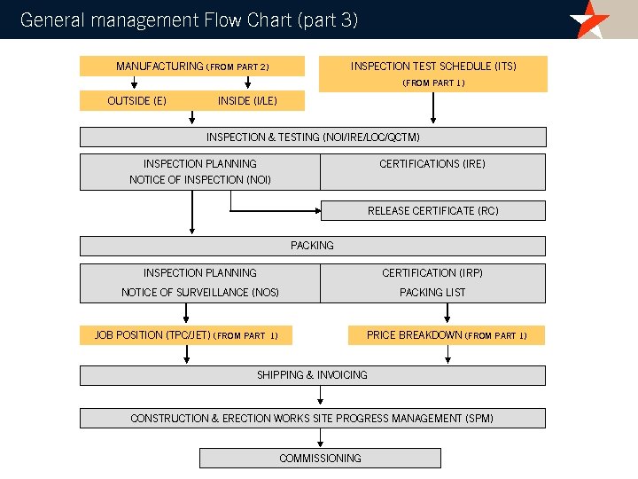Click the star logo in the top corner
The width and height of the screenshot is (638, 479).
click(x=589, y=19)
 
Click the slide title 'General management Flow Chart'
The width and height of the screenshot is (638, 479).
click(x=189, y=20)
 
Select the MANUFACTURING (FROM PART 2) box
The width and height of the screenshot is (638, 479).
click(x=192, y=67)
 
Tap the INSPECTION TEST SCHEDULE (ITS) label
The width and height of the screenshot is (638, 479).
click(x=433, y=67)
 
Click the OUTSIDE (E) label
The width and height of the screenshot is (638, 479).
click(x=136, y=101)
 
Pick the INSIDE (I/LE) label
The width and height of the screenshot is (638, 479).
click(x=247, y=101)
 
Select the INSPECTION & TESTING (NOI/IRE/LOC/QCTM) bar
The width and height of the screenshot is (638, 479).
click(x=313, y=137)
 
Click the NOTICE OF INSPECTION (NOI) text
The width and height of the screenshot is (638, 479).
click(x=200, y=180)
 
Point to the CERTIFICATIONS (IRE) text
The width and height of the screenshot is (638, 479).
click(x=432, y=164)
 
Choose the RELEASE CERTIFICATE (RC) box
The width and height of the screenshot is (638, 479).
click(x=432, y=211)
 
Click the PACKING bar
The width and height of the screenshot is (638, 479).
click(x=313, y=246)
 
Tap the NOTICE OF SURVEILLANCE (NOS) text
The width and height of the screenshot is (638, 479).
click(x=200, y=293)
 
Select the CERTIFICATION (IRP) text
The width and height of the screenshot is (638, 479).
click(x=432, y=273)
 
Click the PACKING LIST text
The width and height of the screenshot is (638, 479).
click(x=432, y=293)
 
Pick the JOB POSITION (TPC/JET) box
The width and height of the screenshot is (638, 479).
click(x=186, y=335)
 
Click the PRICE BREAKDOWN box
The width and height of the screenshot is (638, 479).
click(x=446, y=335)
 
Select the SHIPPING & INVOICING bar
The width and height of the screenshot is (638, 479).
click(x=313, y=375)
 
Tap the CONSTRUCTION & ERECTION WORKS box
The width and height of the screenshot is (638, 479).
click(x=313, y=419)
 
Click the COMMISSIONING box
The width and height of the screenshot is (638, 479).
click(x=320, y=459)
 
